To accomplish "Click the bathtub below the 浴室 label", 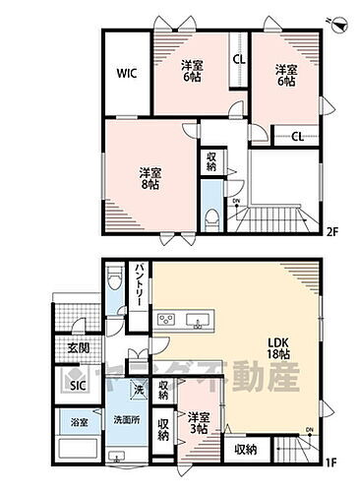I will (x=79, y=451).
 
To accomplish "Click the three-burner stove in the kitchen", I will (x=165, y=320).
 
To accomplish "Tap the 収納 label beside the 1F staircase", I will (x=246, y=449).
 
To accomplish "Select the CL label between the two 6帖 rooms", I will (x=238, y=58).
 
